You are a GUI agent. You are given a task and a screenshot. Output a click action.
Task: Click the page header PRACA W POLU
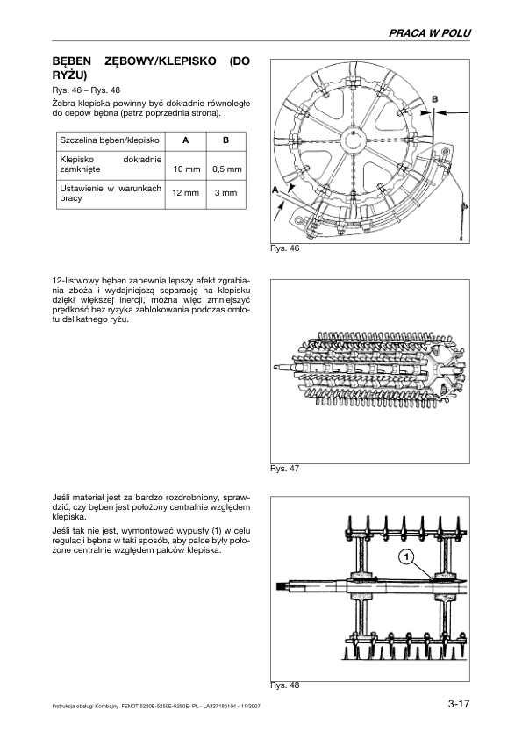(429, 33)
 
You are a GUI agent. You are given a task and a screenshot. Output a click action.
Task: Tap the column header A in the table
(186, 140)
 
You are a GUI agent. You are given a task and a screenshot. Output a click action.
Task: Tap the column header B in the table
(225, 140)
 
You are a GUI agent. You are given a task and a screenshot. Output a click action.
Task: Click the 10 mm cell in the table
(187, 169)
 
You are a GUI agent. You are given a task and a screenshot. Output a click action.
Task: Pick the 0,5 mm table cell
(226, 169)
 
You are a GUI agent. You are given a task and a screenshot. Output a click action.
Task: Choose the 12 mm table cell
(186, 193)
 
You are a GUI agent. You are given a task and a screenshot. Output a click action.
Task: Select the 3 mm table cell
(226, 193)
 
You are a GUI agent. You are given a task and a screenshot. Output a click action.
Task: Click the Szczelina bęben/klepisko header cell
(110, 140)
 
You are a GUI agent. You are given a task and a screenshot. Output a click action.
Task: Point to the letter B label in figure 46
(435, 99)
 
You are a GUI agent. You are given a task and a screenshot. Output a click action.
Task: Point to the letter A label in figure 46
(275, 190)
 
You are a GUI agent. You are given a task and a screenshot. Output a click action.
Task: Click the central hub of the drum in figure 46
(353, 140)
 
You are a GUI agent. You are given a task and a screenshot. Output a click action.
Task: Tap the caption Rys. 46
(284, 248)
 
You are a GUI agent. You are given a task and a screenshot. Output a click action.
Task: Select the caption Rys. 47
(284, 469)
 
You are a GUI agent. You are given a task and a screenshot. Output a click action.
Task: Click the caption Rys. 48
(284, 685)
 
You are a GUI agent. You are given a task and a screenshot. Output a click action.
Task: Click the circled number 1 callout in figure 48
(405, 557)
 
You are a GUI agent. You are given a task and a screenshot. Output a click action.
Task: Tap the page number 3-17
(459, 704)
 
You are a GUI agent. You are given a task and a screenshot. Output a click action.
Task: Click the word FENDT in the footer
(129, 707)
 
